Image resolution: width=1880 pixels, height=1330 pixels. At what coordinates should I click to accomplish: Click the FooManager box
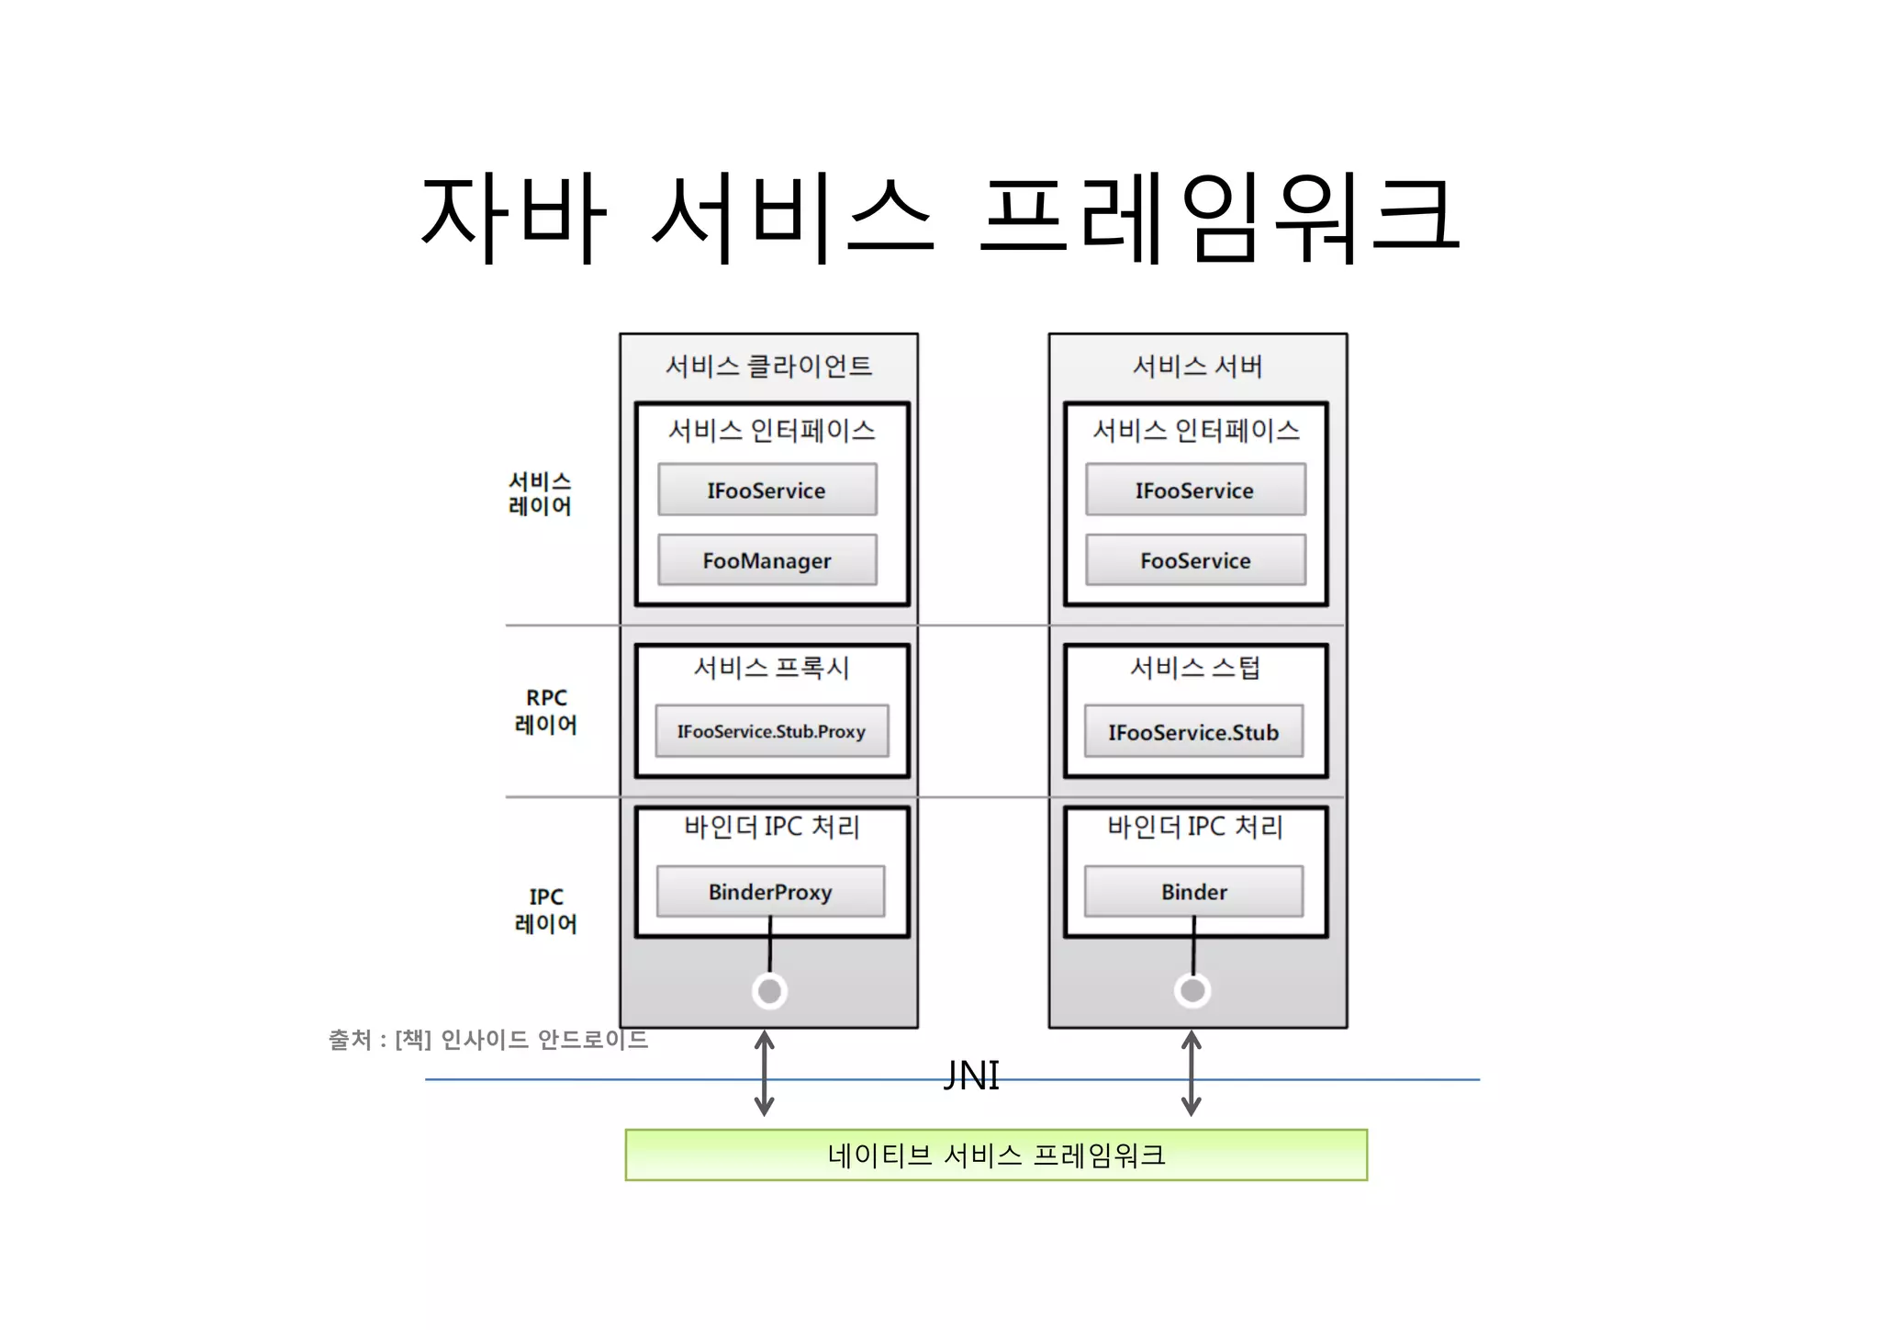(767, 560)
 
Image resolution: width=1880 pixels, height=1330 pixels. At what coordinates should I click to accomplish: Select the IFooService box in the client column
(767, 490)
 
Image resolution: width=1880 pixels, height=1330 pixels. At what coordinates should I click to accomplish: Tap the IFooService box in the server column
(1194, 490)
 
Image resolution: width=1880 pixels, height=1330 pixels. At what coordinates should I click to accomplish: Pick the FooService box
(1194, 560)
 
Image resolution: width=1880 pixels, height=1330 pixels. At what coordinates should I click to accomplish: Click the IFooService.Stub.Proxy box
(771, 732)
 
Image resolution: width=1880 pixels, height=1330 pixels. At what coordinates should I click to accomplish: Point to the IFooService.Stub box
(1193, 732)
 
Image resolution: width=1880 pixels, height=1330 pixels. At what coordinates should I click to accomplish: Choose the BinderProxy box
(770, 892)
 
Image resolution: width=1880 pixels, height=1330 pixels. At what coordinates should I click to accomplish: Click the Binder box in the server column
(1193, 892)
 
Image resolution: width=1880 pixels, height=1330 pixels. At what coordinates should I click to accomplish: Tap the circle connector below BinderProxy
(769, 991)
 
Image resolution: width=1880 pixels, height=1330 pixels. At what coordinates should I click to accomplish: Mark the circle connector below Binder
(1192, 990)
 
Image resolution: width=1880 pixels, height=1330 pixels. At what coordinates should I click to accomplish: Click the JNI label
(971, 1076)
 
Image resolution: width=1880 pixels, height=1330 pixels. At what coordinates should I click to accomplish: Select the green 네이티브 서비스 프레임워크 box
(996, 1155)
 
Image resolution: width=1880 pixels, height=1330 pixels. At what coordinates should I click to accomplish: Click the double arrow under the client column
(764, 1073)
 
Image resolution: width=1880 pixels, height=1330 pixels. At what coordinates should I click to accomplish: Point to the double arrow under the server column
(1192, 1073)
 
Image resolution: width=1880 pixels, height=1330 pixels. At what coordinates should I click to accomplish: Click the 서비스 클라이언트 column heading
(768, 366)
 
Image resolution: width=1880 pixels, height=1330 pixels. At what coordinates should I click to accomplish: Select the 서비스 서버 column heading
(1197, 366)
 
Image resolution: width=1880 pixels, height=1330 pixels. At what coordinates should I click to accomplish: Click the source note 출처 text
(487, 1040)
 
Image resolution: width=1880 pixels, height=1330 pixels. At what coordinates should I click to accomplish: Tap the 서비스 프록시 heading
(771, 668)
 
